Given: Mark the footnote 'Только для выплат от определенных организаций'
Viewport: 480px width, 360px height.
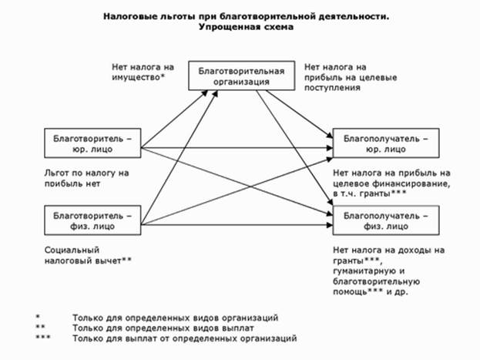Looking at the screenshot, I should (184, 338).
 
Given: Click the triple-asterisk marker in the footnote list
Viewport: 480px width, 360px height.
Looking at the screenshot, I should (43, 338).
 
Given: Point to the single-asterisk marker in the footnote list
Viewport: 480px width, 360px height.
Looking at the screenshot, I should (37, 316).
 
